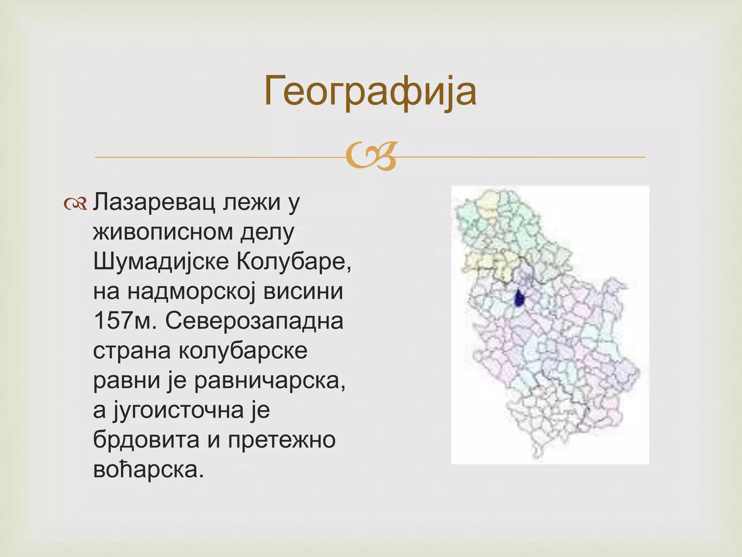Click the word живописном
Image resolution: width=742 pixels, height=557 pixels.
[x=163, y=232]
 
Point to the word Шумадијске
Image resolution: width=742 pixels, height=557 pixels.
[x=161, y=262]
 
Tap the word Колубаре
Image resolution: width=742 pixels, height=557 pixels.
[x=293, y=262]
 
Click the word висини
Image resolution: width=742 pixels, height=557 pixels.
[x=303, y=292]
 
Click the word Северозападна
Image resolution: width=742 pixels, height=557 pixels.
[x=254, y=321]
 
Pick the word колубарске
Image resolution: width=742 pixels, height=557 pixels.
[x=243, y=351]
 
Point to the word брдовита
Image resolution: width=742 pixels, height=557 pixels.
[x=146, y=440]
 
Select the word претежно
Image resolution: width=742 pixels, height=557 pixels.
[x=282, y=440]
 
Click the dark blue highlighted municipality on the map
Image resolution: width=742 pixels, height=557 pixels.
[x=519, y=298]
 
